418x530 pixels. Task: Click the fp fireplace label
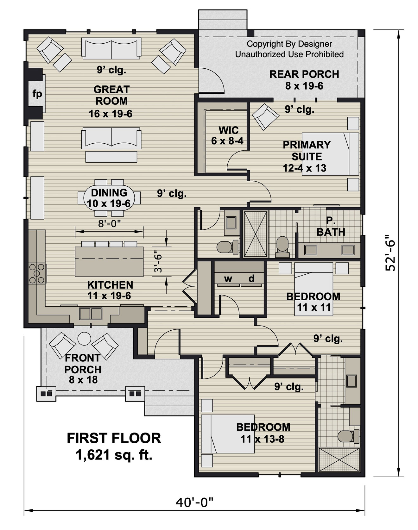[x=37, y=94]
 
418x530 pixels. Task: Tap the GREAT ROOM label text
[x=111, y=95]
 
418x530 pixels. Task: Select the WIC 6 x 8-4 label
[x=228, y=135]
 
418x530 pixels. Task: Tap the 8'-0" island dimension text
[x=110, y=224]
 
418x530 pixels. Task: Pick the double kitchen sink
[x=91, y=314]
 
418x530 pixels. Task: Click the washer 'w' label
[x=228, y=279]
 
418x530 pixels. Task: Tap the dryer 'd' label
[x=251, y=279]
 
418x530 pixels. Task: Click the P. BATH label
[x=331, y=227]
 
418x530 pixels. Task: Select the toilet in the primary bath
[x=282, y=247]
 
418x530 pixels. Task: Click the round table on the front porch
[x=84, y=339]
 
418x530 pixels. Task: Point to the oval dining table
[x=109, y=198]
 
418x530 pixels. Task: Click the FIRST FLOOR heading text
[x=114, y=438]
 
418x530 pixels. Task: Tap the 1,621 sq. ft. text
[x=114, y=455]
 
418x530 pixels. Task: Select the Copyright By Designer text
[x=289, y=44]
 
